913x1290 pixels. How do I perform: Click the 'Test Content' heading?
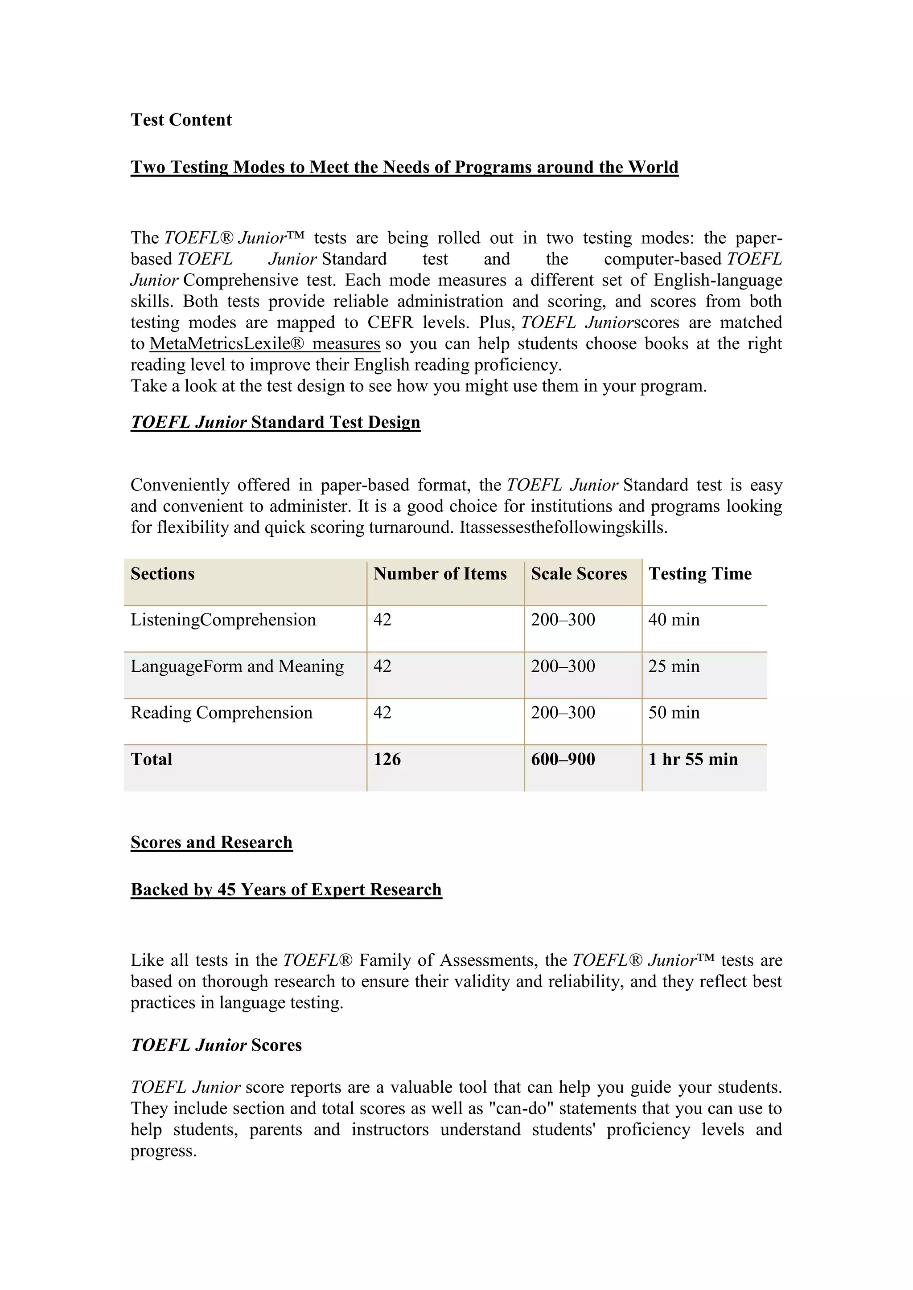pyautogui.click(x=181, y=120)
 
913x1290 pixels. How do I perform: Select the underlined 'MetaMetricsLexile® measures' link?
pyautogui.click(x=265, y=343)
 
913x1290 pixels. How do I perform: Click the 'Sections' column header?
pyautogui.click(x=162, y=574)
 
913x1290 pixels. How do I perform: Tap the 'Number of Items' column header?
pyautogui.click(x=440, y=574)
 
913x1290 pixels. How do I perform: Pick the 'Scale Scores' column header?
pyautogui.click(x=579, y=574)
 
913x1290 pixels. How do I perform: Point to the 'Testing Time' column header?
pyautogui.click(x=700, y=574)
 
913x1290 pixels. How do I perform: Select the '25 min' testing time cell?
pyautogui.click(x=674, y=666)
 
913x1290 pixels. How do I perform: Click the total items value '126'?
pyautogui.click(x=387, y=759)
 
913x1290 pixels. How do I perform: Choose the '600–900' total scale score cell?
pyautogui.click(x=563, y=759)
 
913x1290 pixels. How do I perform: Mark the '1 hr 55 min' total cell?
pyautogui.click(x=693, y=759)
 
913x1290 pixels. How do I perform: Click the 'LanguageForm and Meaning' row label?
pyautogui.click(x=237, y=666)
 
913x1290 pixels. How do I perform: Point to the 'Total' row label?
pyautogui.click(x=151, y=759)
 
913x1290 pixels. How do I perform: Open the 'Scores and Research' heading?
pyautogui.click(x=211, y=842)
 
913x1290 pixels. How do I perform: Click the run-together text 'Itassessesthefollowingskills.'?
pyautogui.click(x=563, y=527)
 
